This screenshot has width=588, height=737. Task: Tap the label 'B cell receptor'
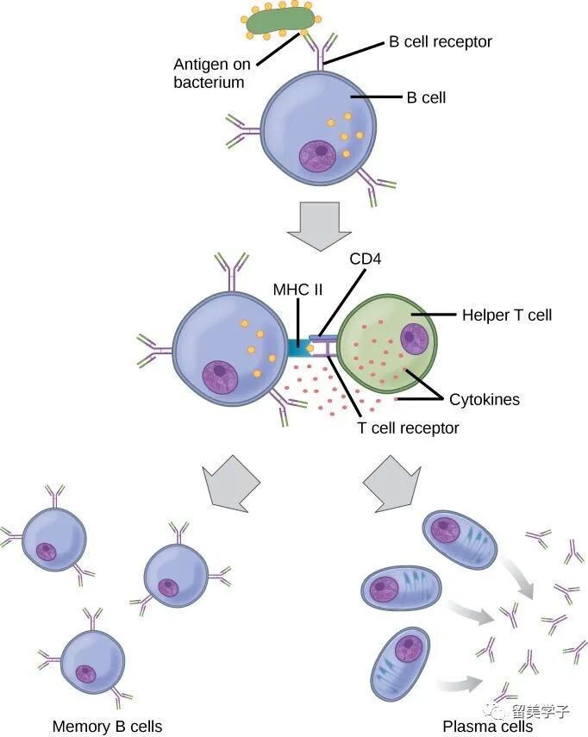coord(440,41)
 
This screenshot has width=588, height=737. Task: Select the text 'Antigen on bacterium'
coord(210,73)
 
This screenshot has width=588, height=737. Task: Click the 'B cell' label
coord(426,97)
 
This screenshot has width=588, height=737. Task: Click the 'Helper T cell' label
coord(507,315)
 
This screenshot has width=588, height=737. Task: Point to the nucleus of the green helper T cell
coord(414,337)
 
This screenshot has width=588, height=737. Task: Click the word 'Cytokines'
coord(484,400)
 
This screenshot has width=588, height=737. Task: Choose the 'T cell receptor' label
coord(409,428)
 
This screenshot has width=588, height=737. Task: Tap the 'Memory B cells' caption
coord(108,727)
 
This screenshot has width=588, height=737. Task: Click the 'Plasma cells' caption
coord(488,727)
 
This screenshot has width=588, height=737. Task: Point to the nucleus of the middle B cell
coord(220,375)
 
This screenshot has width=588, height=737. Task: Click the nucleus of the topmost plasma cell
coord(447,528)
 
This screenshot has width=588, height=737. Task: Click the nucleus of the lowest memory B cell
coord(85,672)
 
